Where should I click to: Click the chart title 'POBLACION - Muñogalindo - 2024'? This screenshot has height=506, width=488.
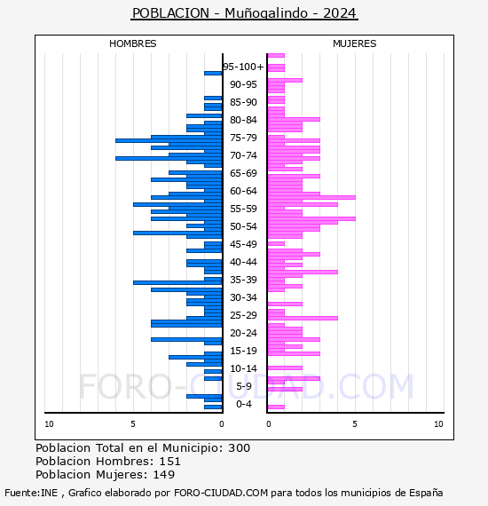[x=244, y=13]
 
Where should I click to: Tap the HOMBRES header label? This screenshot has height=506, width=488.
[x=132, y=43]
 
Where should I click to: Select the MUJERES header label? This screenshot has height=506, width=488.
[x=355, y=43]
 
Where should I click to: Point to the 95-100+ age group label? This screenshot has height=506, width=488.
[x=243, y=67]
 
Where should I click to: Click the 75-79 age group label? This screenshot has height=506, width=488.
[x=243, y=138]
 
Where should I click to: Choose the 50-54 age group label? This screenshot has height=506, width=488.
[x=243, y=226]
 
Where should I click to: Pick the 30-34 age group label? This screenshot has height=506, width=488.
[x=243, y=297]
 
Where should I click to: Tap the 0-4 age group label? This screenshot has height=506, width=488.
[x=244, y=404]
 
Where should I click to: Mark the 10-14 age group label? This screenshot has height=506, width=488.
[x=243, y=368]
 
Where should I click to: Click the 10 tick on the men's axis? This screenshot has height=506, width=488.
[x=49, y=424]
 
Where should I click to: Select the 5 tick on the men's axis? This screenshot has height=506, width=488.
[x=133, y=424]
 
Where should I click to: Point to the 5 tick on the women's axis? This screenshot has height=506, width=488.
[x=355, y=424]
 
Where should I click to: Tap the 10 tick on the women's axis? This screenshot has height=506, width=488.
[x=438, y=424]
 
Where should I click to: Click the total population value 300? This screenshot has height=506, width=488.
[x=239, y=448]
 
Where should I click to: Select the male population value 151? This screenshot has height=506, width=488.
[x=170, y=461]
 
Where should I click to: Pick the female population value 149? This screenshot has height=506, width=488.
[x=164, y=474]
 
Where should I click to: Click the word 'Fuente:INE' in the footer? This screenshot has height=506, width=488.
[x=31, y=493]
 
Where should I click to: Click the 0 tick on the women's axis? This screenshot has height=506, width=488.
[x=269, y=424]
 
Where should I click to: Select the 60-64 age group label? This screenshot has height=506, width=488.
[x=243, y=191]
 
